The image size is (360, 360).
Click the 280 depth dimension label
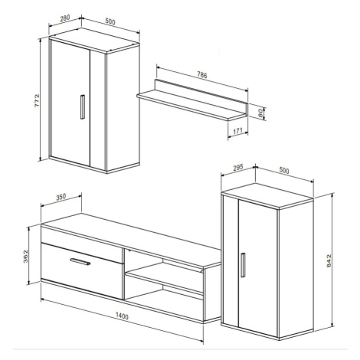click(65, 18)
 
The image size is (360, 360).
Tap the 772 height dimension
click(38, 100)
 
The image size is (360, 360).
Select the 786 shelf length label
click(202, 75)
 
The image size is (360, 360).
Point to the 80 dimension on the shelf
click(260, 113)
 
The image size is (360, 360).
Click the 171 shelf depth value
click(237, 131)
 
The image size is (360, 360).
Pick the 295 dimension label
click(238, 168)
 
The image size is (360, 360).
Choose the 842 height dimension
click(329, 260)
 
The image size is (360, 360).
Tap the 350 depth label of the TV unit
click(61, 197)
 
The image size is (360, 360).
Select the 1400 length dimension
click(122, 316)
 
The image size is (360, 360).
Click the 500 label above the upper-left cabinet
click(110, 22)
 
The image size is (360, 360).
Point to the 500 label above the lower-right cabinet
click(284, 170)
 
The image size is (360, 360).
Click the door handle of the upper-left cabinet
click(83, 107)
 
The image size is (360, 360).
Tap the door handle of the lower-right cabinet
click(243, 265)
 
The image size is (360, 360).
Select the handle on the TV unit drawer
click(80, 262)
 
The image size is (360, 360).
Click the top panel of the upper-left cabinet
click(94, 41)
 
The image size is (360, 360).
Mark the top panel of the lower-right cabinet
click(267, 195)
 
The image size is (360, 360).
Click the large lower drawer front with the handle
click(82, 271)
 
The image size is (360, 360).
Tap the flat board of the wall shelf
click(191, 105)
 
